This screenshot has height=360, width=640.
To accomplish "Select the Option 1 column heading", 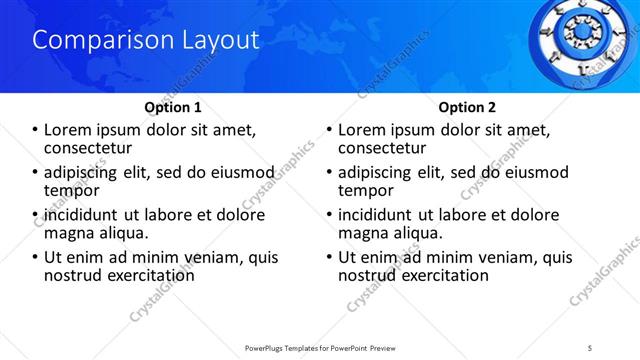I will pos(173,106).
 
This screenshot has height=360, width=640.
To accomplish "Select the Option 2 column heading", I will pos(467,106).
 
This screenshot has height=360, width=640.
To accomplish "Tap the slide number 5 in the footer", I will pos(591,347).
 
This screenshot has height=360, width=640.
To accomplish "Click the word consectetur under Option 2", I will pos(383,147).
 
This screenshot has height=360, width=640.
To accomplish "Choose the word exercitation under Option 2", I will pos(437,275).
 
